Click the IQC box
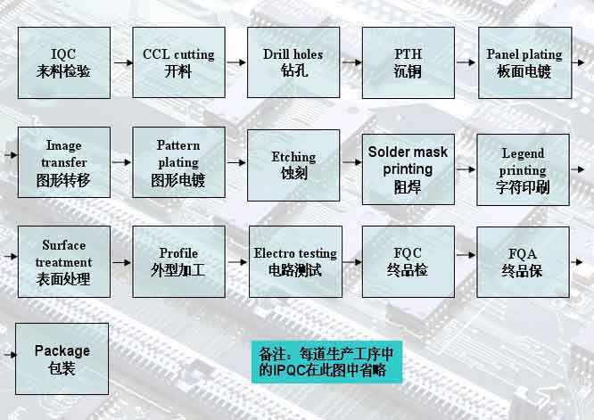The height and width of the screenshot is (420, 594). pos(64,63)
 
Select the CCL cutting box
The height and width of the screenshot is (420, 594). pos(178,62)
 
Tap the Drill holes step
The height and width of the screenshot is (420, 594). pos(293,62)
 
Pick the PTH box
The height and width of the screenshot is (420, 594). pos(408,63)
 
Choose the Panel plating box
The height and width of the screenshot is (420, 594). pos(525,63)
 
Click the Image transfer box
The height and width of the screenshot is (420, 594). pos(64,162)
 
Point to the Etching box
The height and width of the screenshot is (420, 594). pos(293,165)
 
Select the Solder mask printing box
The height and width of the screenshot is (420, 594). pos(408,169)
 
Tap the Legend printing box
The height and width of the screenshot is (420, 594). pos(524,169)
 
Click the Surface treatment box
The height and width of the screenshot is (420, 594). pos(64,261)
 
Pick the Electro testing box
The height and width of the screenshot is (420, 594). pos(295,261)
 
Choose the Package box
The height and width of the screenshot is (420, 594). pos(62,358)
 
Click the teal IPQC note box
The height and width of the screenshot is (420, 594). pos(326,362)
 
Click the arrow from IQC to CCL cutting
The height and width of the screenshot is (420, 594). pos(123,62)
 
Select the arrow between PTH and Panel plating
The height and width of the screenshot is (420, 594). pos(466,62)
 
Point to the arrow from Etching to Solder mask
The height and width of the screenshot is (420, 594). pos(352,162)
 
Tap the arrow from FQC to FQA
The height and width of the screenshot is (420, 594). pos(466,255)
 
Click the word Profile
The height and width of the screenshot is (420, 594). pos(178,253)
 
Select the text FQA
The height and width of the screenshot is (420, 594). pos(523,253)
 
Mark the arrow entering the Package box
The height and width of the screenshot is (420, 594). pos(10,355)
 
